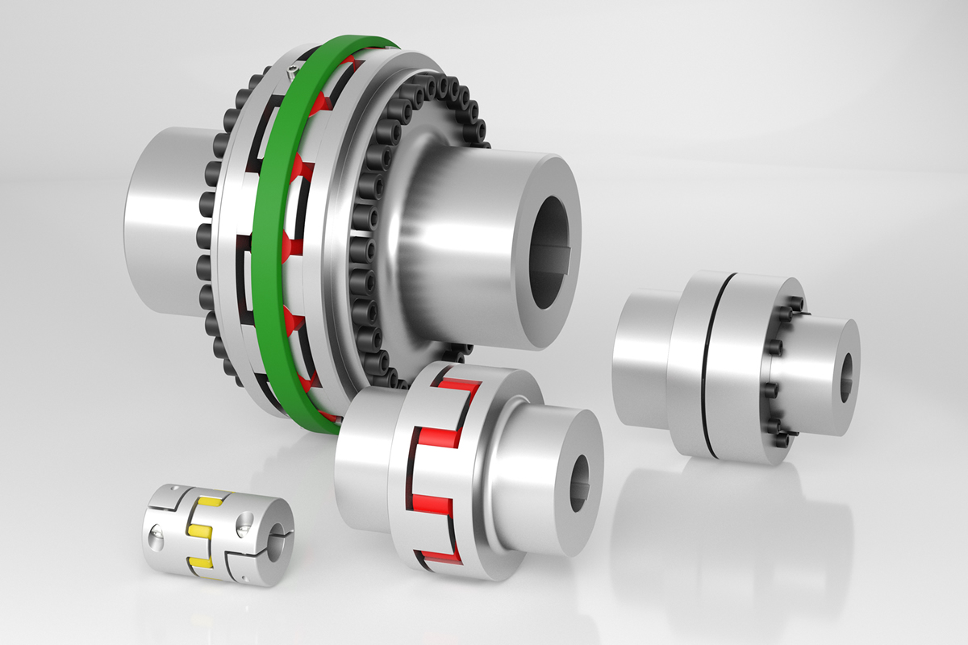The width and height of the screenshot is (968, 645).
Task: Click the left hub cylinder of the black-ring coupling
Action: [x=641, y=359]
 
